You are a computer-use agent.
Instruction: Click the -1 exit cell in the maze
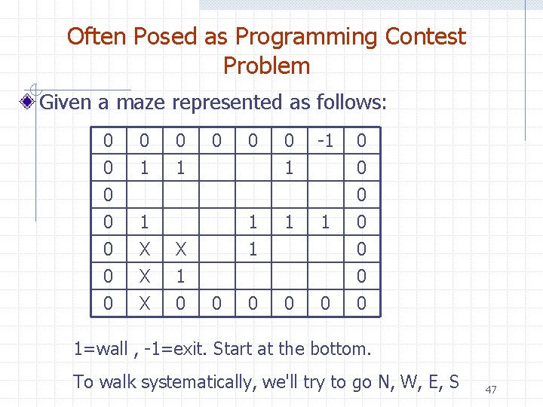tap(325, 140)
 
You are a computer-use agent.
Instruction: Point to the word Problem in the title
tap(266, 66)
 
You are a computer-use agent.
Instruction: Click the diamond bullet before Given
tap(28, 102)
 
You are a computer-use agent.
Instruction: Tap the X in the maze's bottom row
tap(144, 304)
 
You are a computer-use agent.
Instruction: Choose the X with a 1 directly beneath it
tap(180, 249)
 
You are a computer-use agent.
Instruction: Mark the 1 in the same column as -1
tap(325, 222)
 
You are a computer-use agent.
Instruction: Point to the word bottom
tap(340, 349)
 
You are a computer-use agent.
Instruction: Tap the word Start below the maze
tap(235, 349)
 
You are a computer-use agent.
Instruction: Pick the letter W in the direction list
tap(399, 382)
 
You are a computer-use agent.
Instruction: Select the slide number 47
tap(491, 389)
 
